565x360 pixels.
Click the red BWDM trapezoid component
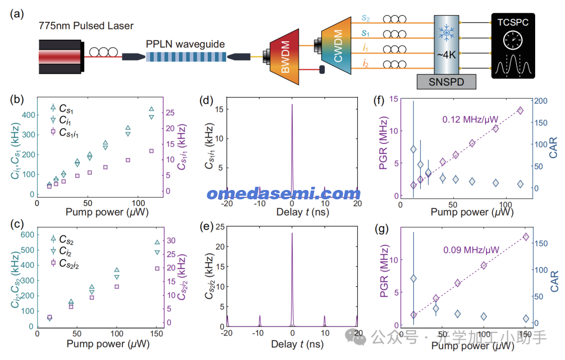tap(285, 57)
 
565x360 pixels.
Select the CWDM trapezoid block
tap(336, 46)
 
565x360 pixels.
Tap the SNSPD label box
tap(446, 82)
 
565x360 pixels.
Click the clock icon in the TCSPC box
tap(513, 40)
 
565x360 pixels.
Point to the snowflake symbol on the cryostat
tap(446, 33)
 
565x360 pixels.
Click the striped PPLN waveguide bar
tap(186, 57)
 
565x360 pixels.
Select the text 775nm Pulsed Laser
tap(86, 26)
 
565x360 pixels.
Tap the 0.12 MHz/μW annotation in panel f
tap(470, 119)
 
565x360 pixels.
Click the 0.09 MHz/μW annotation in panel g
tap(471, 250)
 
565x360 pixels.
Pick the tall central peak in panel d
tap(292, 151)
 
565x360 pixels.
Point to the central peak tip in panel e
tap(292, 233)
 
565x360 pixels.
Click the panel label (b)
tap(17, 99)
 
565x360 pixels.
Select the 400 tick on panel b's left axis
tap(28, 115)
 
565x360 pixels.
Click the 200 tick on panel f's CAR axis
tap(540, 101)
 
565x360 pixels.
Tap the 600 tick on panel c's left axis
tap(27, 234)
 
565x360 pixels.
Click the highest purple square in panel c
tap(157, 268)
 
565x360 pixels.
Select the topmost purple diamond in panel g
tap(526, 237)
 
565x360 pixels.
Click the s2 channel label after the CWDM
tap(365, 18)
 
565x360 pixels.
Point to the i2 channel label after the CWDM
tap(365, 64)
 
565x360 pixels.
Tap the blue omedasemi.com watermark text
tap(284, 194)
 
